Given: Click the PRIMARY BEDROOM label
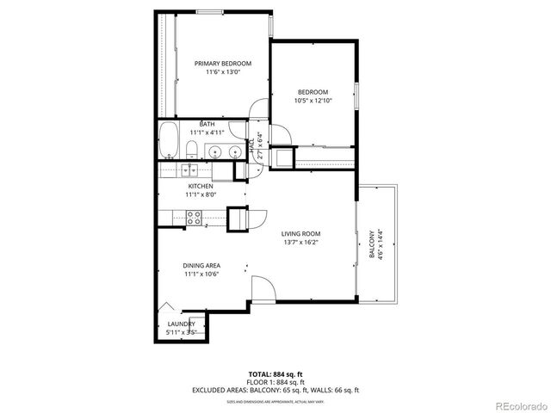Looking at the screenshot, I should (x=222, y=64).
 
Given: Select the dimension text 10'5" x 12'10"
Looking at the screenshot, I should (x=313, y=101).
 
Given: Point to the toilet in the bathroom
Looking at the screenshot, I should (x=191, y=152).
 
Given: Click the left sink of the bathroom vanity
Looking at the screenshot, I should (x=214, y=153).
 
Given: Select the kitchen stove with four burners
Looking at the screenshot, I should (x=192, y=219).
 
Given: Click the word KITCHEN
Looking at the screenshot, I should (x=201, y=186).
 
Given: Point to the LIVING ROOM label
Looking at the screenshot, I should (x=300, y=234).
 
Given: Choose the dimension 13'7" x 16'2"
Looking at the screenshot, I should (x=300, y=243).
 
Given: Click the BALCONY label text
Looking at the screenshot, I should (x=372, y=244).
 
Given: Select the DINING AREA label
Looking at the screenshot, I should (x=201, y=265).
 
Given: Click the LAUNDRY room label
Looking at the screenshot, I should (x=180, y=324).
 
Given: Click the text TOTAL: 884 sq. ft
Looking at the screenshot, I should (x=275, y=374).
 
